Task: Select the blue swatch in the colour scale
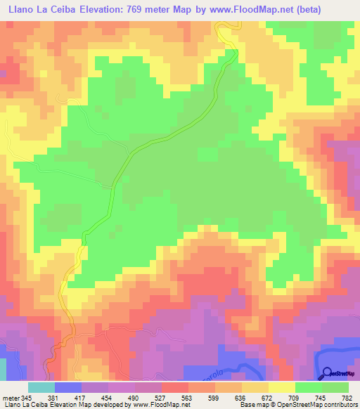(x=68, y=387)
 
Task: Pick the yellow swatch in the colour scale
(x=281, y=387)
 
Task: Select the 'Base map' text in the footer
(x=252, y=405)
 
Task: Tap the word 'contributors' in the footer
(x=335, y=405)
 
